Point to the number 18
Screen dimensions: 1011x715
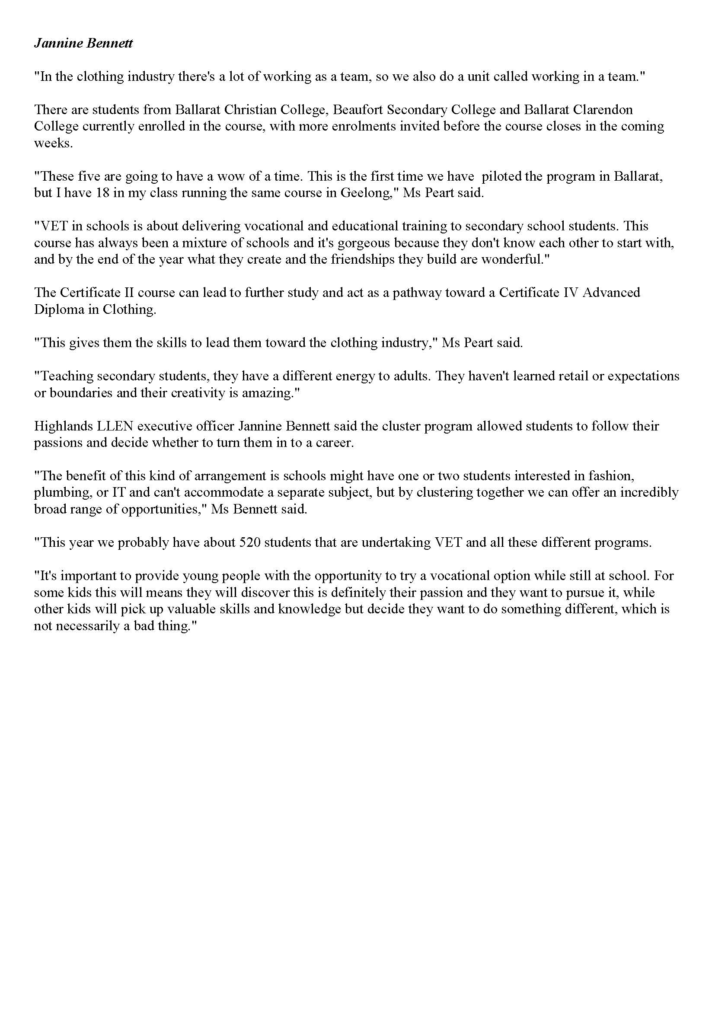102,193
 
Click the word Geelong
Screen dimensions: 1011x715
367,193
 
